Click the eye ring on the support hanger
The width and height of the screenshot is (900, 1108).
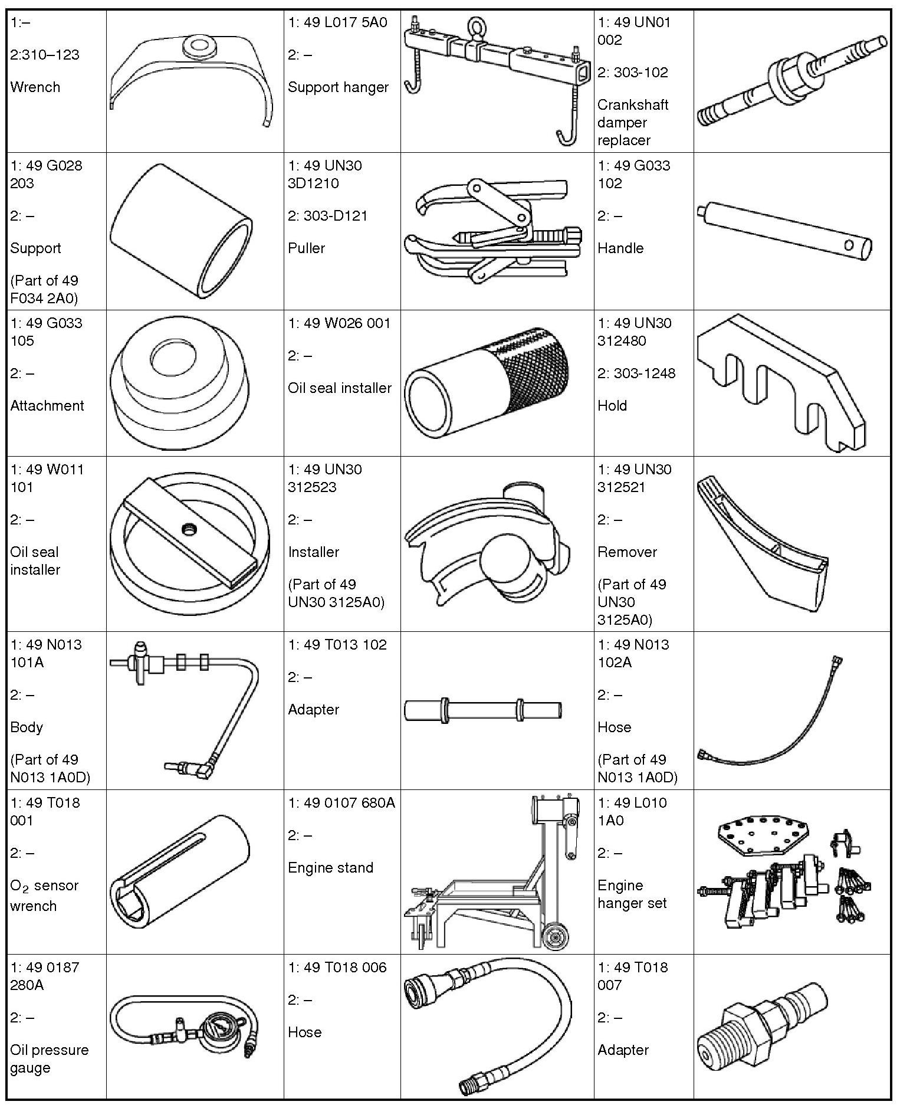(x=475, y=28)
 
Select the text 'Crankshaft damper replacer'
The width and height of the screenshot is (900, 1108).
(x=633, y=122)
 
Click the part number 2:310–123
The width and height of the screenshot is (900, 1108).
(x=45, y=55)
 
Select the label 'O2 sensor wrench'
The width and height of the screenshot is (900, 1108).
(x=44, y=896)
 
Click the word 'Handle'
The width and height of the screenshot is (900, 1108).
(x=620, y=248)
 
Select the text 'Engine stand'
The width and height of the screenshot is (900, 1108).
(x=330, y=868)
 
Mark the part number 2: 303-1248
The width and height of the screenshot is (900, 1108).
(x=636, y=373)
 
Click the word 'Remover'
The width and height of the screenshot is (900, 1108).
(x=627, y=552)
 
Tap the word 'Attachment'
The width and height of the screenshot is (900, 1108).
(x=47, y=406)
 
